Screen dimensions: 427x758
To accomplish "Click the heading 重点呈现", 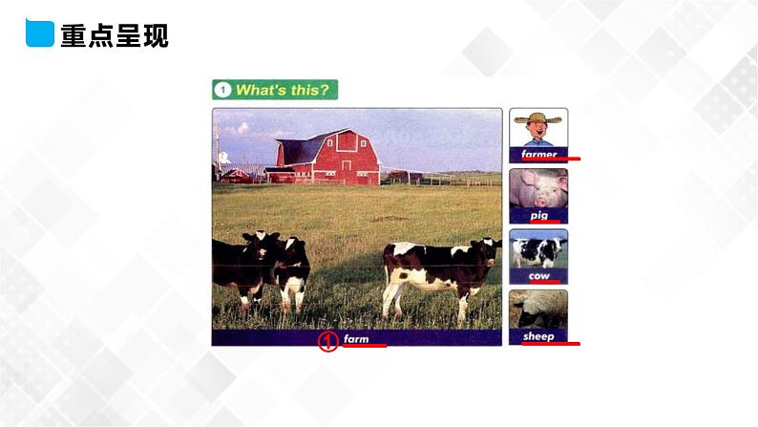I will coord(114,36).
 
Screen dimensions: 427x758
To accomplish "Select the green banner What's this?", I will coord(275,91).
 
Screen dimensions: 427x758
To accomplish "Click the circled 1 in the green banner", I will coord(222,91).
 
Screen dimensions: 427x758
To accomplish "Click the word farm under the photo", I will coord(356,339).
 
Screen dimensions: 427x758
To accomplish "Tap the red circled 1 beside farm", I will coord(327,341).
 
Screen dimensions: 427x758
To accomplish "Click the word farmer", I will coord(538,153).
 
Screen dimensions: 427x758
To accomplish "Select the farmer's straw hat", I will coord(538,119).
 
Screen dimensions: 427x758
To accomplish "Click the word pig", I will coord(538,215).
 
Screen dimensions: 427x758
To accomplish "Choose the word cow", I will coord(538,275).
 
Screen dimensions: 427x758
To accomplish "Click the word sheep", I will coord(538,336).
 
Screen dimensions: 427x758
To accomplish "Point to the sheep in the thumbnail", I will coord(538,311).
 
